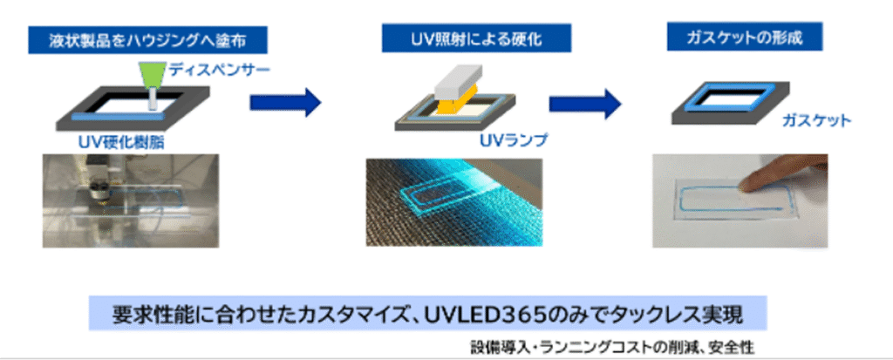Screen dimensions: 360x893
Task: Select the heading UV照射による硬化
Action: tap(476, 37)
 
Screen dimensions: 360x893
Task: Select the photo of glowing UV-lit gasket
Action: tap(448, 200)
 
